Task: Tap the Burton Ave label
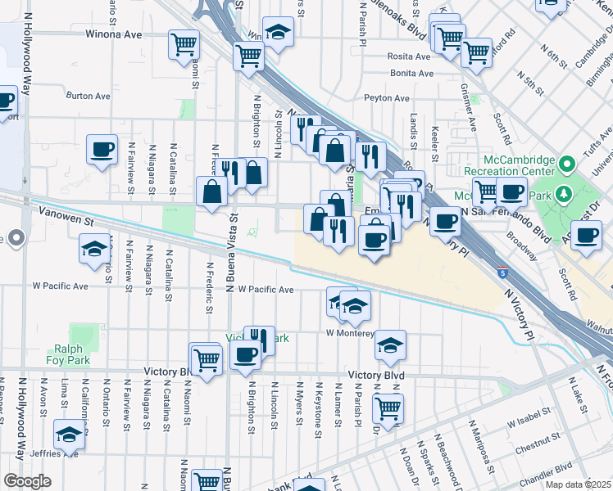(89, 96)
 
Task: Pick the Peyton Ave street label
(388, 98)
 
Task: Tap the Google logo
(26, 481)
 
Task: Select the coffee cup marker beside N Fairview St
(102, 149)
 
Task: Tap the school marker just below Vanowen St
(94, 249)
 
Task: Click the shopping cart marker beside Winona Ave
(184, 43)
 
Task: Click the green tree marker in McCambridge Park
(562, 194)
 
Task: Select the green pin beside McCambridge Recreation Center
(565, 165)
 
